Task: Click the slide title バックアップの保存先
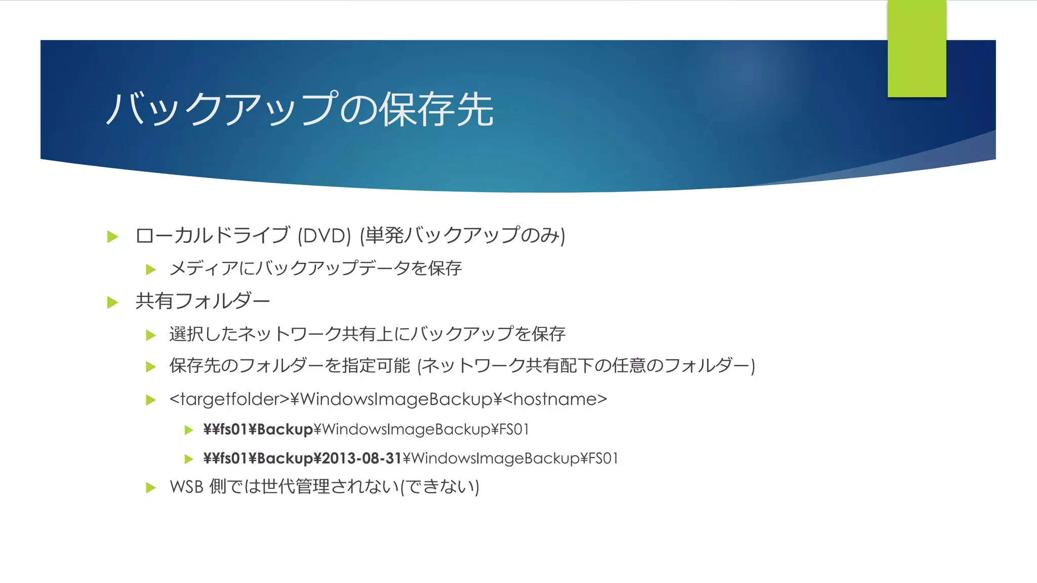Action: pos(300,109)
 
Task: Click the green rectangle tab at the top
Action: pos(916,49)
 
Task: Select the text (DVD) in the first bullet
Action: pos(324,236)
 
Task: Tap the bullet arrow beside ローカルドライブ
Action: pos(113,236)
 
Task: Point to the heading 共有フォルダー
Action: pos(203,302)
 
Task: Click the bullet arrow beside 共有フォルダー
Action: pos(113,303)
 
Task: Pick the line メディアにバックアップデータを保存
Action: pos(315,268)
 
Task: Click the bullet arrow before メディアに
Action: pos(150,269)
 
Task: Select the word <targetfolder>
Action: pos(229,399)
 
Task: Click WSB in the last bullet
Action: pos(186,487)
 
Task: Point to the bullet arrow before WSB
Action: pos(150,488)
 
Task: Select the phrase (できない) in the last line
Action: pos(440,487)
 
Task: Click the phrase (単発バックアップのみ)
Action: pos(462,236)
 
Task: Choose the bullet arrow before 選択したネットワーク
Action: pos(150,335)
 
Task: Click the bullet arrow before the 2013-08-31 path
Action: pos(189,459)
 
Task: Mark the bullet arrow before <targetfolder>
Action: pos(150,400)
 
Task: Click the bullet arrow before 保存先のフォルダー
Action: pos(150,366)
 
